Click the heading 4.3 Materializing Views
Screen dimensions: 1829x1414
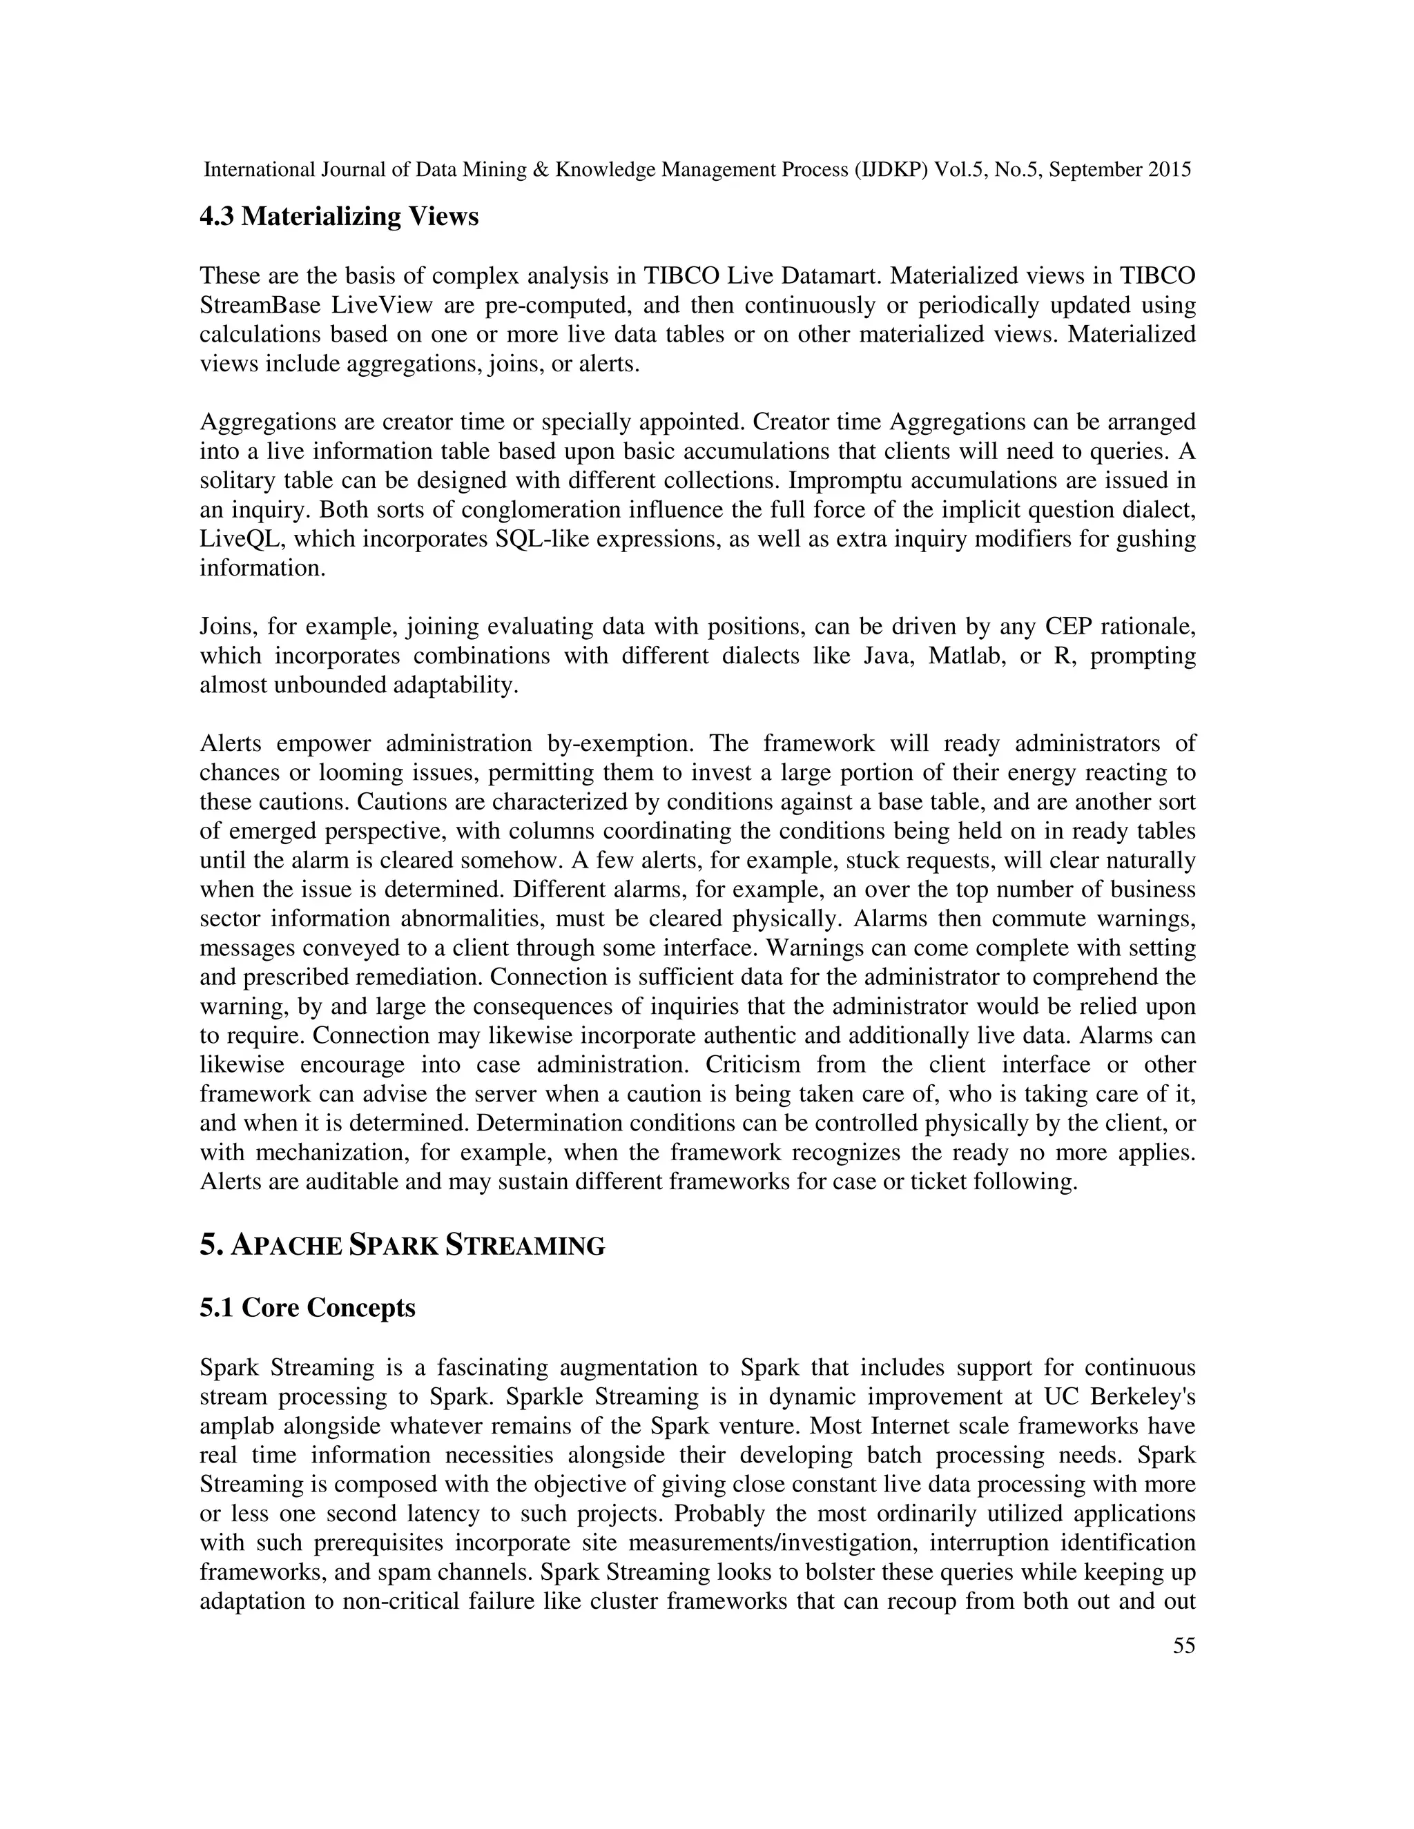coord(338,217)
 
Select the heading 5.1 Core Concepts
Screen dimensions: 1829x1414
coord(307,1307)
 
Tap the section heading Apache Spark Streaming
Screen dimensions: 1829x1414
coord(402,1246)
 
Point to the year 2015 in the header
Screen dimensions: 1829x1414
coord(1169,170)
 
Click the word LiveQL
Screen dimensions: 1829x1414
coord(241,539)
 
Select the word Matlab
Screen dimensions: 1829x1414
coord(965,656)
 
